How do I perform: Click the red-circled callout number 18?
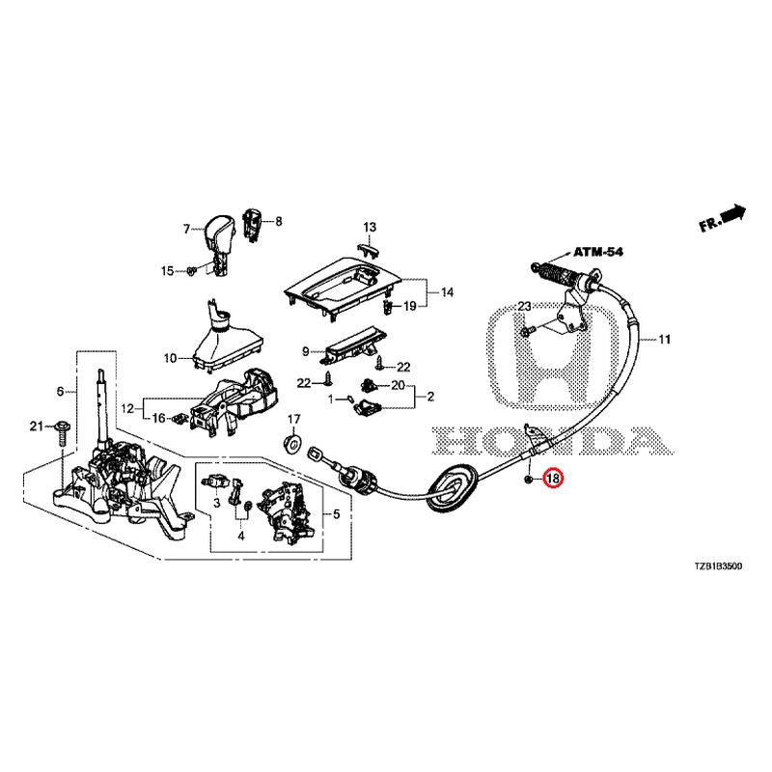(x=553, y=478)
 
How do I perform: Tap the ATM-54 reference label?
(x=599, y=251)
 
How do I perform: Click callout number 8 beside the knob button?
(x=279, y=221)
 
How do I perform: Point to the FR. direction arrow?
(x=725, y=218)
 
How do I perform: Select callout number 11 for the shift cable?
(x=664, y=340)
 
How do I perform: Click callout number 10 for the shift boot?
(x=170, y=358)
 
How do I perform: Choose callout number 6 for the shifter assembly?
(x=60, y=391)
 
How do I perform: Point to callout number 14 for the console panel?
(x=447, y=291)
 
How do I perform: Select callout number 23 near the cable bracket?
(x=525, y=306)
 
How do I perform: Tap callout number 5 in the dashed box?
(x=335, y=514)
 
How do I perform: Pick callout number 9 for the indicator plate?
(x=305, y=351)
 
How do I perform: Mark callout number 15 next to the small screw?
(x=167, y=271)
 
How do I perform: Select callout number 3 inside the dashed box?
(x=218, y=502)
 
